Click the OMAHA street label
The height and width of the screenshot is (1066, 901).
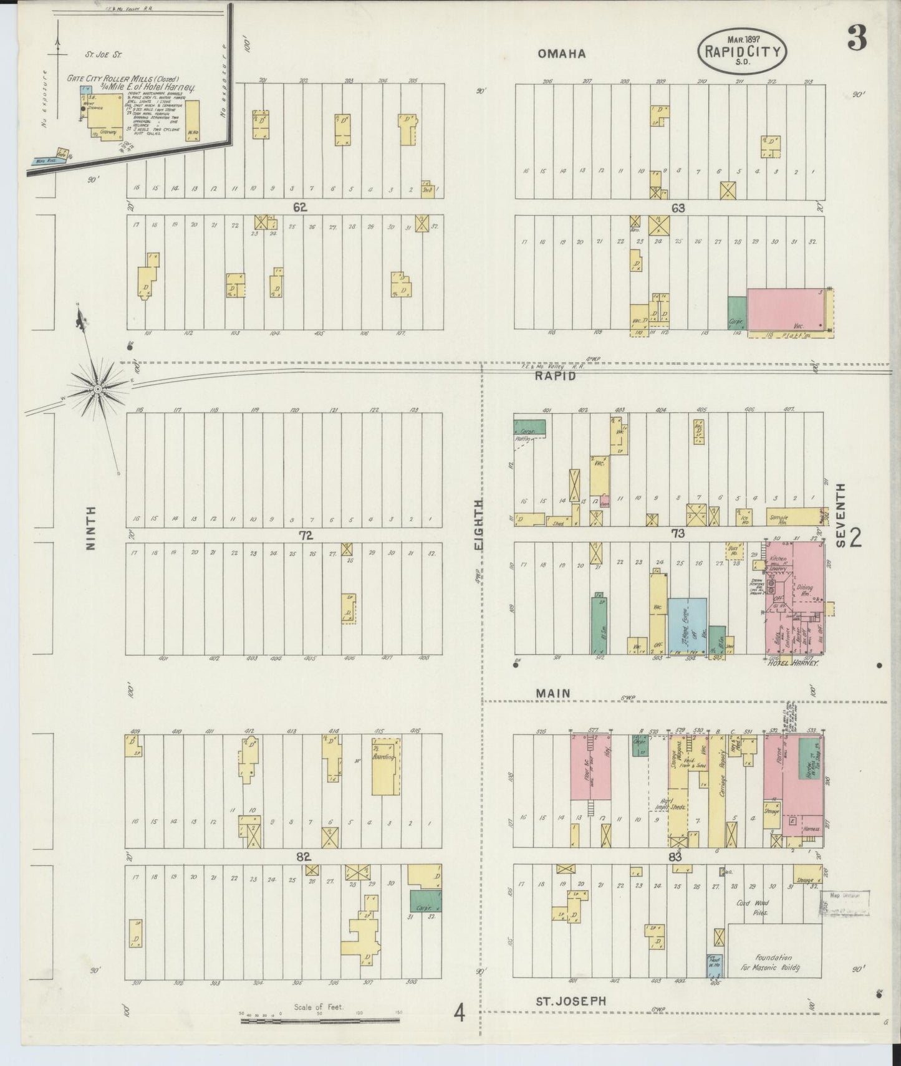click(562, 54)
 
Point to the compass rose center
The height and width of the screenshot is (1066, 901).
click(97, 389)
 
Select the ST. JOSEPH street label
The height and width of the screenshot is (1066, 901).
click(571, 1001)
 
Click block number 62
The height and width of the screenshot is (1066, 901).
click(300, 207)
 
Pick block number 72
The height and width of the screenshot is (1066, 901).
click(305, 535)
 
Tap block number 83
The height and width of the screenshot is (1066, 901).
click(675, 857)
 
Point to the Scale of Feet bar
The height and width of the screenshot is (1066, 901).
click(320, 1020)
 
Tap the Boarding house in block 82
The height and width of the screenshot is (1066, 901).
click(385, 767)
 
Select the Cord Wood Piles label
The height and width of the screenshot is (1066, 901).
click(753, 907)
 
